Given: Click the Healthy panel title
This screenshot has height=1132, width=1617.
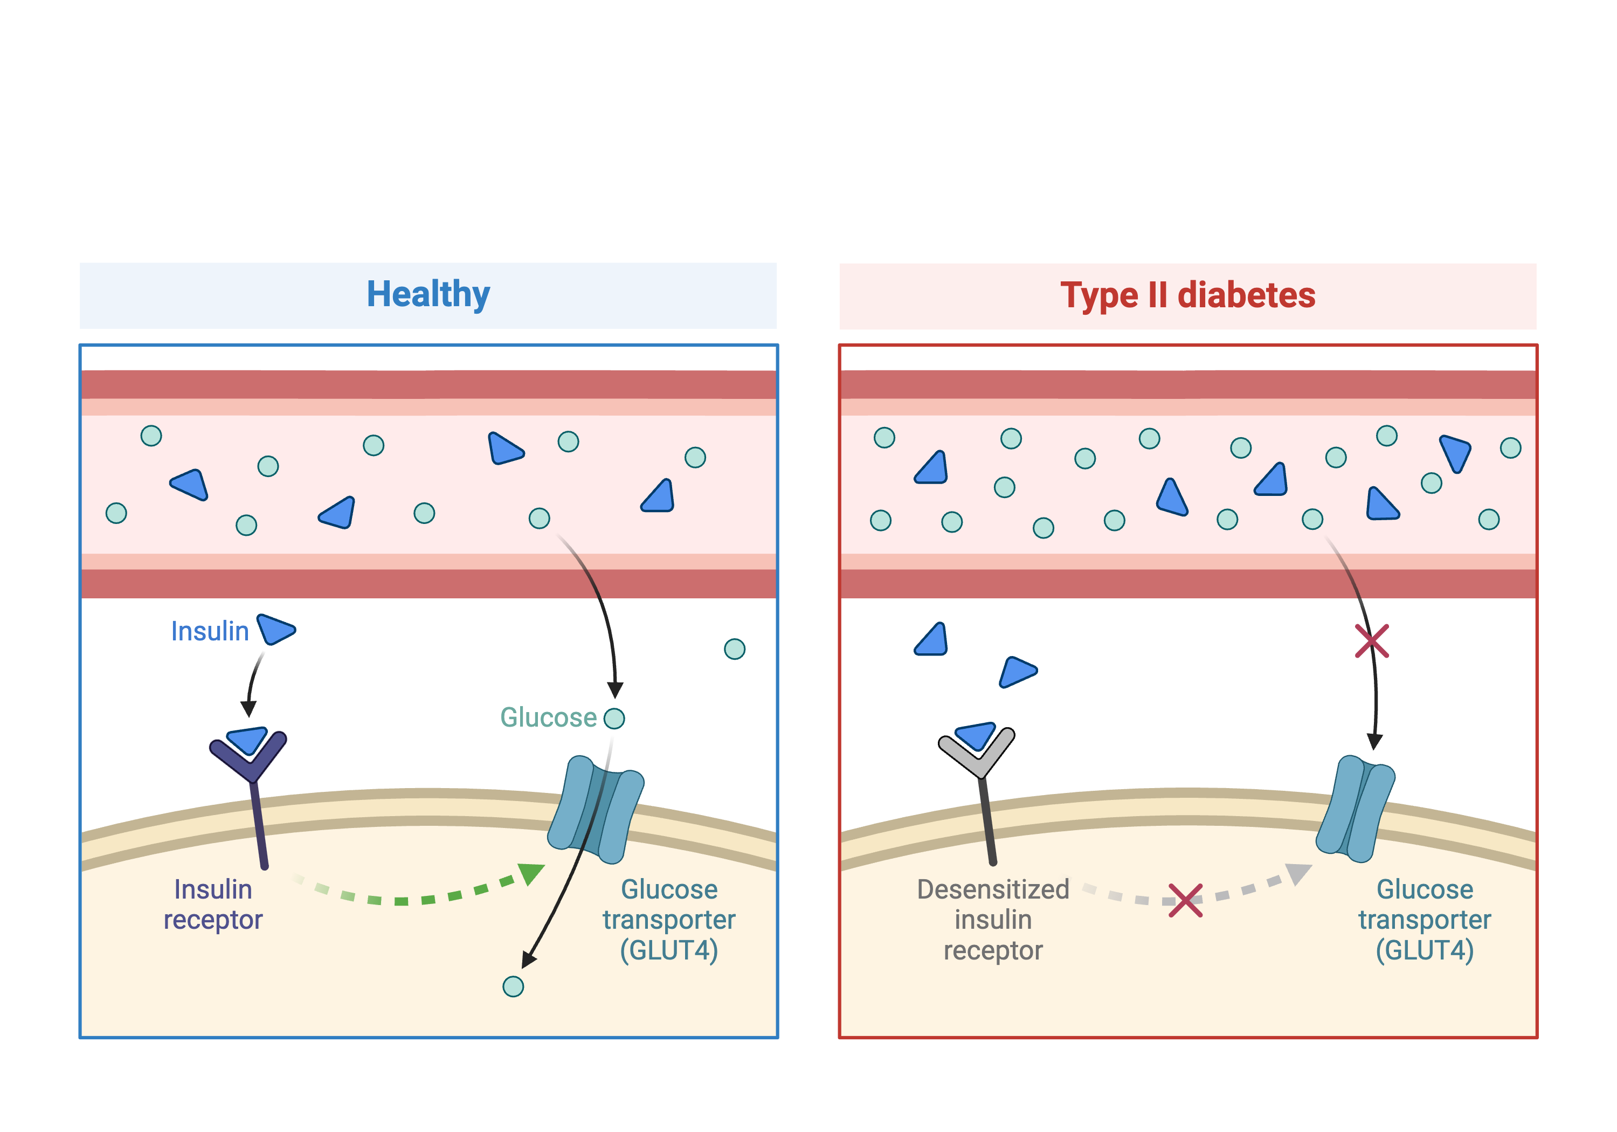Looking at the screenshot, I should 427,294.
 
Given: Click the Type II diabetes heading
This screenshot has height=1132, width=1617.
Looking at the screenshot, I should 1187,295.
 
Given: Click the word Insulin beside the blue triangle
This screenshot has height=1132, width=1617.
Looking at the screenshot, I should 210,631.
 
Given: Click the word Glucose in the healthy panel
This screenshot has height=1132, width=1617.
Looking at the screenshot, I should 548,718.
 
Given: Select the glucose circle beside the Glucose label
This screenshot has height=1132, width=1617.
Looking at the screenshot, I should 614,719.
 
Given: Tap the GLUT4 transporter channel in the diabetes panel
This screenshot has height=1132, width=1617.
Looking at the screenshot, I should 1356,809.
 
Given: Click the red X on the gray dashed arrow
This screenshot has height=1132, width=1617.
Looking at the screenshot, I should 1185,900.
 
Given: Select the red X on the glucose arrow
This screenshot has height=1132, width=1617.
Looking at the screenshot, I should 1372,641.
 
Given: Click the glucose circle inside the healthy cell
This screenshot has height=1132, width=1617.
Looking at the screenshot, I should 513,986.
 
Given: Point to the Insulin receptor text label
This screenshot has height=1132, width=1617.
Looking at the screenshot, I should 213,905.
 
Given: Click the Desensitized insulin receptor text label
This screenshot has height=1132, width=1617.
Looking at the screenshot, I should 993,919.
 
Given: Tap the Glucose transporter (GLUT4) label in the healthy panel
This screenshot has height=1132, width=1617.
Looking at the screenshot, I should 668,919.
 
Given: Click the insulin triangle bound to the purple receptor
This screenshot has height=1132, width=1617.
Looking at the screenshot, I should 248,740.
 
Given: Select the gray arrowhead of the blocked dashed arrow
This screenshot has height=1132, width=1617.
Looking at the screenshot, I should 1298,873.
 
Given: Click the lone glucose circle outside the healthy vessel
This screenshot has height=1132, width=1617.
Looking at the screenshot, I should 735,649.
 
